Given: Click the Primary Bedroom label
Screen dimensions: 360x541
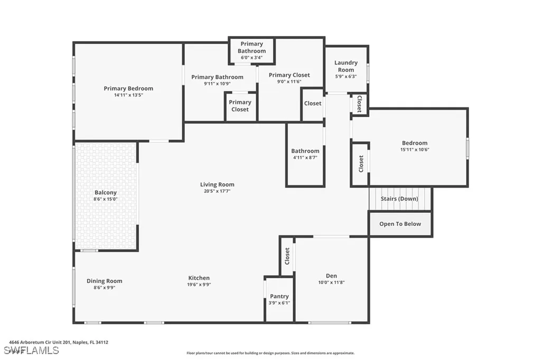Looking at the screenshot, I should pos(128,88).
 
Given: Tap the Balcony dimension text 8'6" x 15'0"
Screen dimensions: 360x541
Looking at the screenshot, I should pos(105,200).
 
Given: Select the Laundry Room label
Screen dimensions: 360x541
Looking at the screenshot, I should pos(346,66).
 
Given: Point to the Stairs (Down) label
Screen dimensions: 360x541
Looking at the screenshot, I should pos(399,199).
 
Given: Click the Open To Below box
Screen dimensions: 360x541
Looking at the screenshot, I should pos(400,224).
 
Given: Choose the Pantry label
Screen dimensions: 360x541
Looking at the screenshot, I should pos(279,296).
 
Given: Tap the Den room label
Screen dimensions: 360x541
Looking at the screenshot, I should pos(331,276).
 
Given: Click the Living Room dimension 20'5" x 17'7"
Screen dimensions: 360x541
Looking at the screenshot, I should pos(217,191).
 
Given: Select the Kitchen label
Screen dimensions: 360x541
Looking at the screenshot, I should pos(199,278).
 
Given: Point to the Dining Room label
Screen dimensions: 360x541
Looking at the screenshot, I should pos(104,281).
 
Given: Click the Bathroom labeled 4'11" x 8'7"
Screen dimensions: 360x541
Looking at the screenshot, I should pos(305,154).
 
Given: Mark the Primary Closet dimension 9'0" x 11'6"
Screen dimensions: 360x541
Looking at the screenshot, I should pos(289,82).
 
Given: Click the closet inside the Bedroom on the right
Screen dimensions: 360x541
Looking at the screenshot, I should pos(361,164).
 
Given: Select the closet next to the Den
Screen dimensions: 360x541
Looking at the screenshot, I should pos(287,256).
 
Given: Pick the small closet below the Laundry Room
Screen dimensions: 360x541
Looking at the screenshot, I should pos(359,103).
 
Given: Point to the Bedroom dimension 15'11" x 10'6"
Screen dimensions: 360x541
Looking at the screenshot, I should pos(414,149).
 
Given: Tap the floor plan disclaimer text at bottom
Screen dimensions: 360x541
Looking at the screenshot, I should pos(270,353).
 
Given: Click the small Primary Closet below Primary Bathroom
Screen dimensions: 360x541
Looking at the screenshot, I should pos(240,106).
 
